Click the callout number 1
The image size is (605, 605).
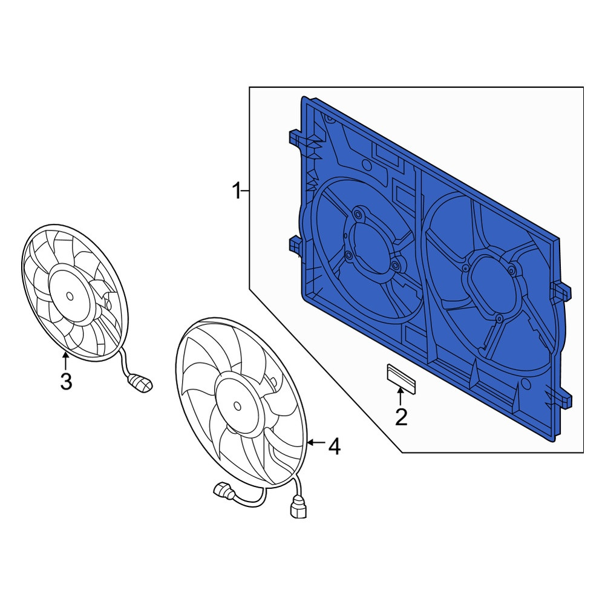tap(237, 191)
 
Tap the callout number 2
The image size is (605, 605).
tap(401, 417)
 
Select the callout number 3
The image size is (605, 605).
tap(66, 381)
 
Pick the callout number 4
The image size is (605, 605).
tap(334, 447)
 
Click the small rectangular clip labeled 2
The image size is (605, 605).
tap(401, 379)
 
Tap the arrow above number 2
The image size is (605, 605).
tap(401, 397)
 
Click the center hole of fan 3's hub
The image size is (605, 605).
tap(70, 296)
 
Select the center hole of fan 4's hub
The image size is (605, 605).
tap(237, 406)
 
